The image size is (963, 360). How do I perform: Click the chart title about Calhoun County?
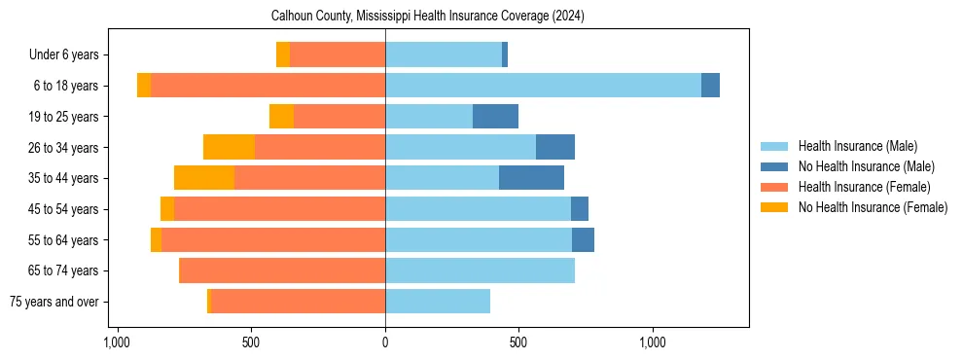(427, 16)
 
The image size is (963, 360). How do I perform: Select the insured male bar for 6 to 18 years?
(543, 86)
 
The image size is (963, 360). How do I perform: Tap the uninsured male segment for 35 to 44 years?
(531, 178)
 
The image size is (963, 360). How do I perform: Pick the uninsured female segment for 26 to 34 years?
(229, 147)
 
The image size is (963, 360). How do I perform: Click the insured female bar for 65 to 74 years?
(282, 270)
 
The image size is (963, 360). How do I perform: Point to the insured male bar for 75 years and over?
(438, 302)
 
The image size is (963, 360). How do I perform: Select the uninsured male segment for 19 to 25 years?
(495, 117)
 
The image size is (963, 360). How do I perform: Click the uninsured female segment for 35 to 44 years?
(204, 178)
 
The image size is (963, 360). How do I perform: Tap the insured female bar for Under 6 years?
(338, 54)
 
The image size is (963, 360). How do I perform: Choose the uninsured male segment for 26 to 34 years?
(554, 147)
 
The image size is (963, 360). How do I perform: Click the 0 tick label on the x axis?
(385, 343)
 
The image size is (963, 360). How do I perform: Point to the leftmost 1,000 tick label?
(117, 343)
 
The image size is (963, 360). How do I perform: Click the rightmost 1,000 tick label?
(653, 343)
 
